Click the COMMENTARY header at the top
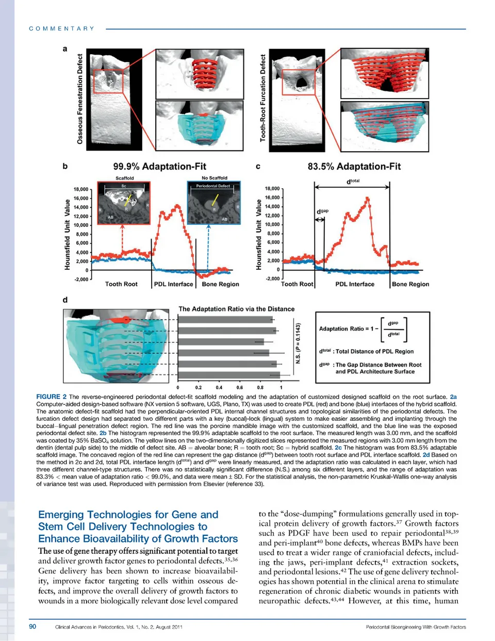click(x=62, y=29)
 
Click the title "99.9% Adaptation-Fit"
click(x=159, y=167)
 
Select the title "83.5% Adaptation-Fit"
click(x=354, y=167)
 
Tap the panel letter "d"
click(x=65, y=300)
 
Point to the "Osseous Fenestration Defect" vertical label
click(x=80, y=99)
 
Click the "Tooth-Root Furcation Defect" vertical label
click(x=263, y=98)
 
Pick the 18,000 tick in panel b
click(x=81, y=189)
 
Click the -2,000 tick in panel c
click(x=273, y=278)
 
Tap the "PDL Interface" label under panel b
click(x=173, y=284)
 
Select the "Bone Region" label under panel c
click(x=410, y=284)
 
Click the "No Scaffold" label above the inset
click(x=214, y=178)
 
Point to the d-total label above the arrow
click(x=353, y=182)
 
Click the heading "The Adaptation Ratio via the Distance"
click(x=236, y=309)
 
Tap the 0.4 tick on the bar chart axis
click(x=219, y=387)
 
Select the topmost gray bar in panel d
click(x=225, y=320)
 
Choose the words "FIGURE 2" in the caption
click(x=51, y=397)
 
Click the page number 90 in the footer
click(x=32, y=627)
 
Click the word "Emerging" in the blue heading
click(x=61, y=515)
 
